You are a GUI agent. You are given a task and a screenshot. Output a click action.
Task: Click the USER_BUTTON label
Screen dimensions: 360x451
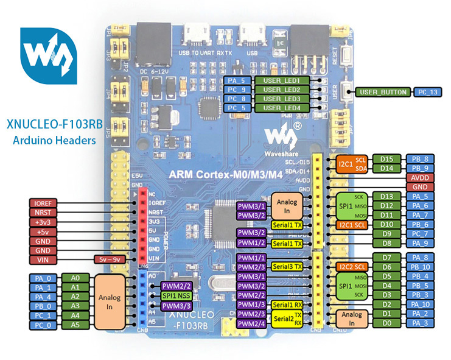click(x=383, y=92)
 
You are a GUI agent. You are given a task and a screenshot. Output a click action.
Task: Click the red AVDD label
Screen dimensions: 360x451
click(x=419, y=177)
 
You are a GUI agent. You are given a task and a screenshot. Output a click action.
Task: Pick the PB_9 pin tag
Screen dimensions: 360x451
click(x=419, y=168)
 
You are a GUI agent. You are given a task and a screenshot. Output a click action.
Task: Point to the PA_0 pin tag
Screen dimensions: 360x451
click(x=43, y=278)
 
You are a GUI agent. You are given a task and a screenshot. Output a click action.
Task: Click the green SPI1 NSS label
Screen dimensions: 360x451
click(x=178, y=295)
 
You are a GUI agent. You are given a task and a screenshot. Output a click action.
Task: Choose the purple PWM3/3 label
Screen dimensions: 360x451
click(x=178, y=305)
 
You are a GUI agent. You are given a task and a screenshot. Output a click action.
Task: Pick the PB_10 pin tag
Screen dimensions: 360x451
click(x=419, y=267)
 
